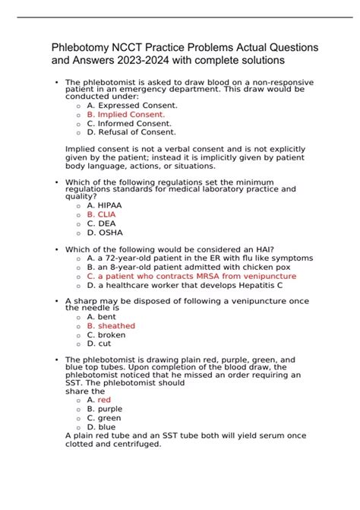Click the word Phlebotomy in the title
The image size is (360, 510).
(x=83, y=47)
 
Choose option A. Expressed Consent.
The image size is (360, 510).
(x=132, y=105)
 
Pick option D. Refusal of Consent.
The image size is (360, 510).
(x=131, y=131)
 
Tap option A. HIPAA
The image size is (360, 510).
(x=104, y=205)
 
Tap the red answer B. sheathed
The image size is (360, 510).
(x=111, y=325)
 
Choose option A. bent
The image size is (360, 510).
(x=103, y=316)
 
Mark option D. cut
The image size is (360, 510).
(x=100, y=344)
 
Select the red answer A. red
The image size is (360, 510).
(x=99, y=399)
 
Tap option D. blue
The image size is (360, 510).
(x=103, y=426)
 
